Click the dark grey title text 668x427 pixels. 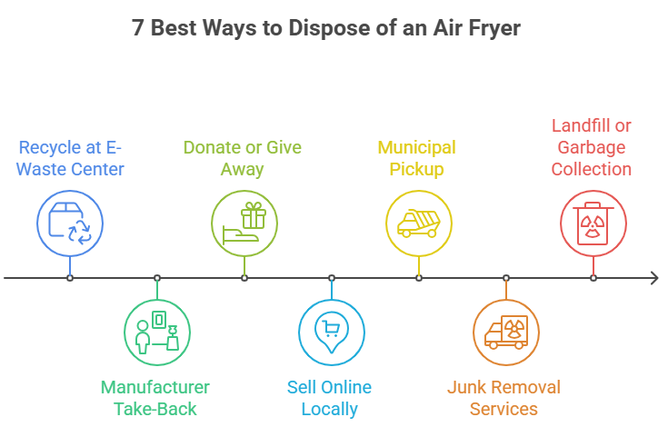[327, 31]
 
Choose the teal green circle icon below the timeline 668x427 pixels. [156, 331]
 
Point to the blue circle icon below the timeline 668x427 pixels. [331, 331]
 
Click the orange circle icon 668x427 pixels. [505, 331]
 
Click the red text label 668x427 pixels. [593, 145]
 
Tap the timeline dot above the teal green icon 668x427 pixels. [157, 276]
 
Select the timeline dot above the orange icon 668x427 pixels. [505, 276]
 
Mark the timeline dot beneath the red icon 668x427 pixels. [593, 276]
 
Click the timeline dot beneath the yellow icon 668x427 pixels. [417, 276]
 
